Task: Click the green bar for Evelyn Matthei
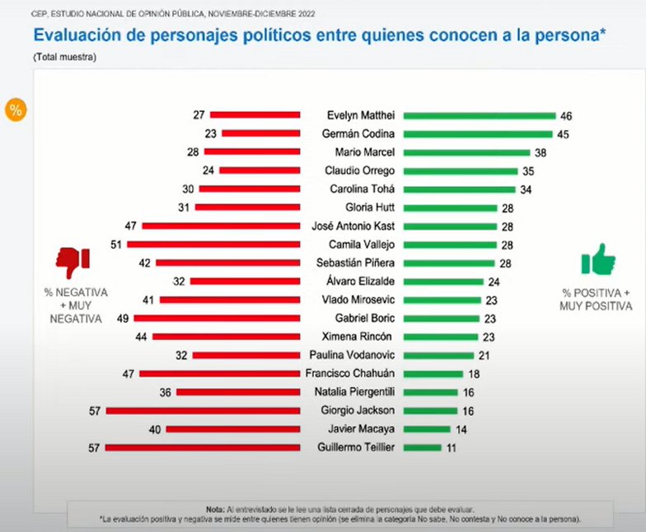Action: coord(479,115)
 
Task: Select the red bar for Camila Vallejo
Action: coord(213,245)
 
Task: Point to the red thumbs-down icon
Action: coord(73,263)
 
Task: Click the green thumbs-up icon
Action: coord(598,259)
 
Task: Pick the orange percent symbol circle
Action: coord(15,110)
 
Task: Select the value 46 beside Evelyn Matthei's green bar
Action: coord(566,116)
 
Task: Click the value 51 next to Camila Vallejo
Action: coord(116,245)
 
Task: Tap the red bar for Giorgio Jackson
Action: coord(203,409)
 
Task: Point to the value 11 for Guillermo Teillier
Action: coord(451,447)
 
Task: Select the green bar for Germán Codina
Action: coord(478,133)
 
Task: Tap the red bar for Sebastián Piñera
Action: coord(227,263)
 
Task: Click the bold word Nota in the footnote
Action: coord(215,508)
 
